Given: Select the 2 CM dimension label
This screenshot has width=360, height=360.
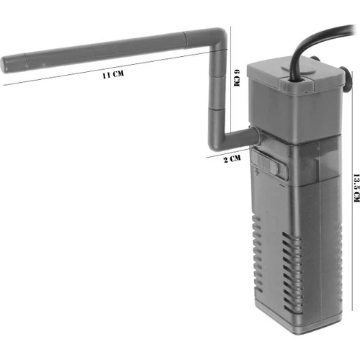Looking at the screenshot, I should click(x=233, y=158).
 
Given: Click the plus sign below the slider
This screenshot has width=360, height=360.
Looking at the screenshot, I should click(x=254, y=174).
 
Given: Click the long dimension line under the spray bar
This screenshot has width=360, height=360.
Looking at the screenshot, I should click(x=108, y=86).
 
